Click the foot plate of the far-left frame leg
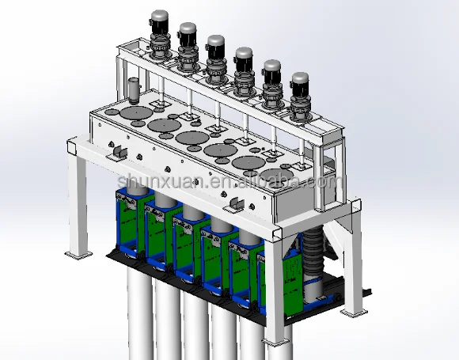point(78,255)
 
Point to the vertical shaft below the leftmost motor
point(159,79)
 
